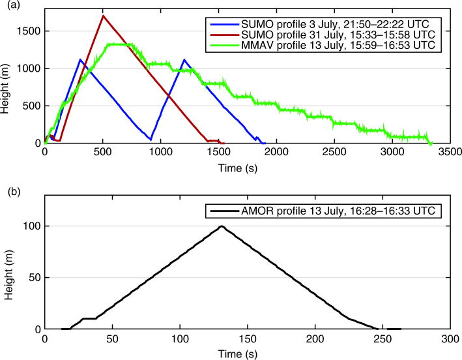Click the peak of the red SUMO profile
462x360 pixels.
tap(103, 16)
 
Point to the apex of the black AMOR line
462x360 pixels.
tap(222, 226)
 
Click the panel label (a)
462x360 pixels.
tap(9, 6)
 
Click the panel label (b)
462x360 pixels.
tap(9, 192)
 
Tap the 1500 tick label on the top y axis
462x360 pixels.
tap(30, 31)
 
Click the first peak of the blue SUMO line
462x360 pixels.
tap(80, 59)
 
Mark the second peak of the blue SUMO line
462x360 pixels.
tap(184, 59)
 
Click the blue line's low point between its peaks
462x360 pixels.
tap(151, 140)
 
